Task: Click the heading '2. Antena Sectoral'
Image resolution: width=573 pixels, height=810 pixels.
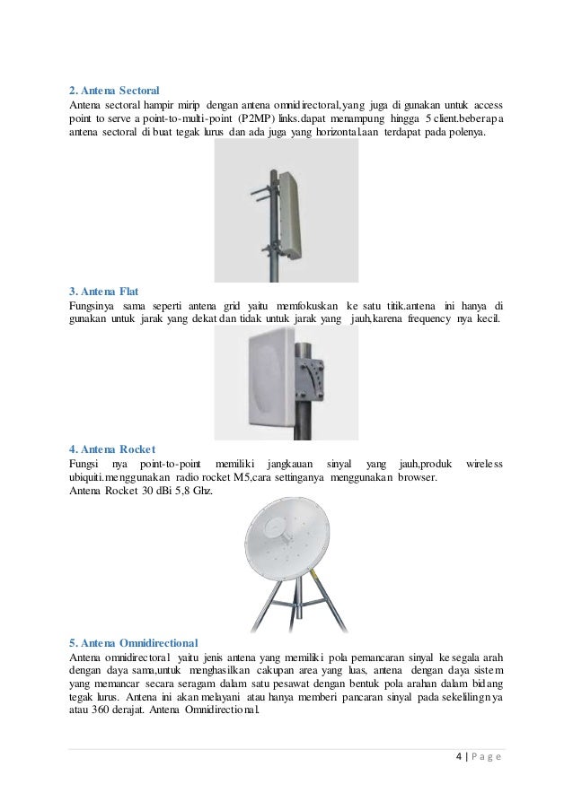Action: (x=114, y=91)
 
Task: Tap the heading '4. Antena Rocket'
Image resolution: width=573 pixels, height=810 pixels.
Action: (x=112, y=449)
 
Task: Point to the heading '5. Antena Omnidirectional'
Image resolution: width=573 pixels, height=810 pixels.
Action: (x=134, y=642)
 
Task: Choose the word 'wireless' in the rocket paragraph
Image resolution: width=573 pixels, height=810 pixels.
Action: (x=485, y=463)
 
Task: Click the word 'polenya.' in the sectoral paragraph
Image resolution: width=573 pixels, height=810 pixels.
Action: (x=465, y=134)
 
